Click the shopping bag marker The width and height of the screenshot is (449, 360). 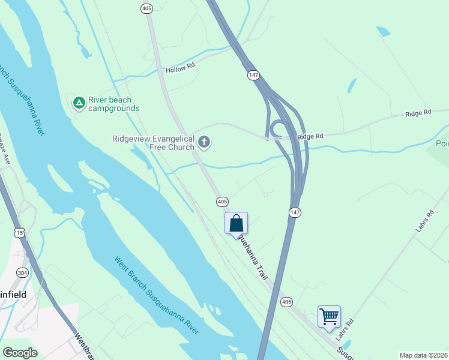point(237,223)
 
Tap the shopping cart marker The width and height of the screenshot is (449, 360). point(329,316)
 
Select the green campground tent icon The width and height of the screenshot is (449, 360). point(79,103)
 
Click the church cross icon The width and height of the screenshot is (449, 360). point(204,143)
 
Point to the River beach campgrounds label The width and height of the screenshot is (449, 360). point(113,104)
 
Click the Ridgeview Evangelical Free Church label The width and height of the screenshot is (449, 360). point(154,143)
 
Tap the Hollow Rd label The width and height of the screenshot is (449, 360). point(181,70)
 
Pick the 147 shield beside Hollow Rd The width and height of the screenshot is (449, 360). point(253,75)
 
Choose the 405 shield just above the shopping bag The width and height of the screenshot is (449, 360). point(222,201)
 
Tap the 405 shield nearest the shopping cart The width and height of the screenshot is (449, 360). point(286,301)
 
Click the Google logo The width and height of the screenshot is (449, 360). point(20,352)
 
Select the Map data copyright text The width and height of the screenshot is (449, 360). point(423,355)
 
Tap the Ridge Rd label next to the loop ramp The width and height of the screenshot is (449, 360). point(310,137)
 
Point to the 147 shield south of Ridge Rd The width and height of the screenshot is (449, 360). point(294,212)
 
